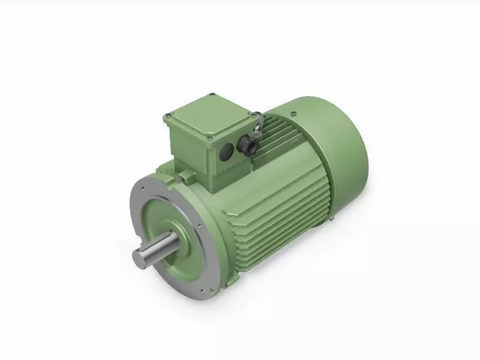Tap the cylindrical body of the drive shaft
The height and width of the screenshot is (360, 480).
point(159,248)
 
